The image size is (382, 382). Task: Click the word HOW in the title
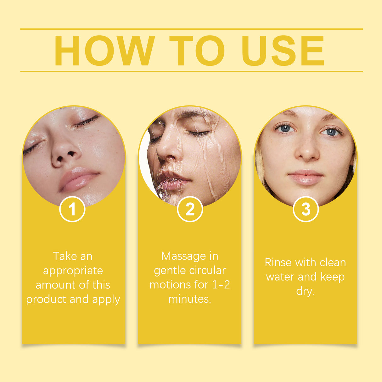[104, 51]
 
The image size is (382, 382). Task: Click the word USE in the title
[283, 51]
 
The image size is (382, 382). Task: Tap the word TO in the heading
[197, 51]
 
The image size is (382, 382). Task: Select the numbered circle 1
[72, 209]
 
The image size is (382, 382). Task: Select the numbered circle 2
[190, 209]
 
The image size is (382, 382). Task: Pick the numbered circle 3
[306, 209]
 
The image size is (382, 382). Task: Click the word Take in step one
[64, 256]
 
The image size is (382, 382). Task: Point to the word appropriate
[73, 271]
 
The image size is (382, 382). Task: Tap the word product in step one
[46, 300]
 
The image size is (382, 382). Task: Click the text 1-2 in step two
[221, 284]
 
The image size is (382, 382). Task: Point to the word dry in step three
[305, 291]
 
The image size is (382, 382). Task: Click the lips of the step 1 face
[78, 179]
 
